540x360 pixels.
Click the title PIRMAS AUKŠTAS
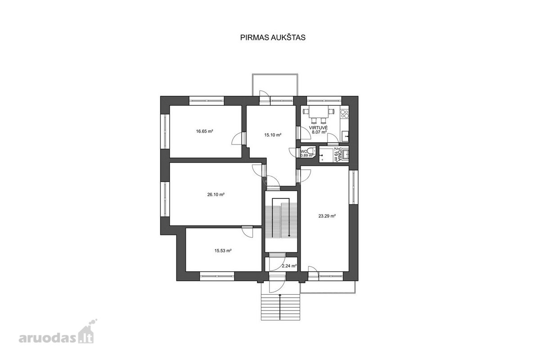point(273,38)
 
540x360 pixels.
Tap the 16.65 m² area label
point(204,131)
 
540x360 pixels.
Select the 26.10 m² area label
point(216,194)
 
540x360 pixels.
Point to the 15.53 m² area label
point(223,251)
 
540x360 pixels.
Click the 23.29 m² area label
point(327,216)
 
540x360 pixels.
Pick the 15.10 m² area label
point(273,135)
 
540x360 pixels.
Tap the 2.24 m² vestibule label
point(289,266)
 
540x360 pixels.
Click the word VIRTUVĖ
point(318,128)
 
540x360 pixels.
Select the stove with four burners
point(345,114)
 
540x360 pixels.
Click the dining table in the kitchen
point(319,112)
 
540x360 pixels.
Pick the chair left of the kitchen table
point(306,112)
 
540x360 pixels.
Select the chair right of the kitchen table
point(332,112)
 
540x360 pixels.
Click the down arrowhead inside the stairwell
point(289,235)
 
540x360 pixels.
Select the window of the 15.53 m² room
point(217,276)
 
